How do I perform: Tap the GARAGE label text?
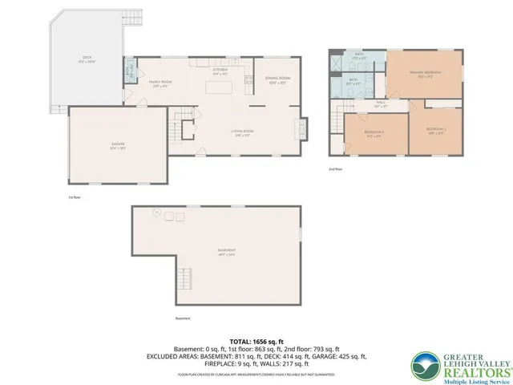(119, 145)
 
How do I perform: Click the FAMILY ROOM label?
(160, 83)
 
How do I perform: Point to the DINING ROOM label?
(277, 79)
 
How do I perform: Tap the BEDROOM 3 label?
(374, 132)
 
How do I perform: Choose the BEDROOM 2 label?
(435, 130)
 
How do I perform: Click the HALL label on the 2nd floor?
(380, 104)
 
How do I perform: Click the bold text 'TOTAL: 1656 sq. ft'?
(256, 341)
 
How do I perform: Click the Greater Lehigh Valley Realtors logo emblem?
(425, 365)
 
